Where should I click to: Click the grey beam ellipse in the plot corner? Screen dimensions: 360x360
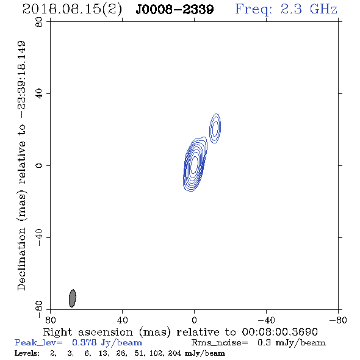pyautogui.click(x=73, y=298)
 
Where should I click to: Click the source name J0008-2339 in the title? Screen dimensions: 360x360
pyautogui.click(x=175, y=9)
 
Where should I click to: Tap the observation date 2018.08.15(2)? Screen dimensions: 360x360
pyautogui.click(x=72, y=9)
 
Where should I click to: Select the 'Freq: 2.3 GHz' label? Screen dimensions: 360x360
pyautogui.click(x=286, y=9)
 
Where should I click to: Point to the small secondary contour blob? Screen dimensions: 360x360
pyautogui.click(x=215, y=129)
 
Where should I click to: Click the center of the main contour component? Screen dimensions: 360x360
pyautogui.click(x=195, y=164)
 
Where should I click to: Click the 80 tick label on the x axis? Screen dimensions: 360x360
pyautogui.click(x=50, y=320)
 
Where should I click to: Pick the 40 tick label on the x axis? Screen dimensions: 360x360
pyautogui.click(x=122, y=320)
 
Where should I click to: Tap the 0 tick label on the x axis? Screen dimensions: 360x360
pyautogui.click(x=194, y=320)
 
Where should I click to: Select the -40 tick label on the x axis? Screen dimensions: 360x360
pyautogui.click(x=266, y=320)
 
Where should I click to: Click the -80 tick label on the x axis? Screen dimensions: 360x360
pyautogui.click(x=338, y=320)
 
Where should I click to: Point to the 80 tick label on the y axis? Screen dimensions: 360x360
pyautogui.click(x=39, y=22)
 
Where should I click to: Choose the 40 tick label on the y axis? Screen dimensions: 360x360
pyautogui.click(x=39, y=94)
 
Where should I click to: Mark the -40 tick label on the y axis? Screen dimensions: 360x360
pyautogui.click(x=39, y=237)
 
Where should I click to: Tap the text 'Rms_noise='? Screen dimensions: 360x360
pyautogui.click(x=220, y=343)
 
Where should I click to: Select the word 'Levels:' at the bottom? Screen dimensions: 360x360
pyautogui.click(x=27, y=353)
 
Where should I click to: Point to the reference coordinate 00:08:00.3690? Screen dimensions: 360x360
pyautogui.click(x=279, y=332)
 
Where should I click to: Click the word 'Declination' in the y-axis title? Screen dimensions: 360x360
pyautogui.click(x=21, y=259)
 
